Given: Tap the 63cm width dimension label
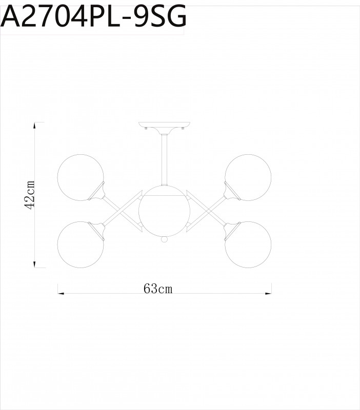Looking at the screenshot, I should (x=158, y=289).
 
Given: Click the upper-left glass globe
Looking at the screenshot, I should (x=79, y=177).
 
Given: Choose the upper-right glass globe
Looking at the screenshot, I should (x=248, y=177).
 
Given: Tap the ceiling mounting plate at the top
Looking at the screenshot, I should (x=164, y=126).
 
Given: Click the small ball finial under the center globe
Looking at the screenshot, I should (x=164, y=239).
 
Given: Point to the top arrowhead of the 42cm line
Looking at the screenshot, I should (x=34, y=125).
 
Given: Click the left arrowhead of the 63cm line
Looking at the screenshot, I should (x=60, y=294).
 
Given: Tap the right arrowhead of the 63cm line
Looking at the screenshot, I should (x=268, y=294).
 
